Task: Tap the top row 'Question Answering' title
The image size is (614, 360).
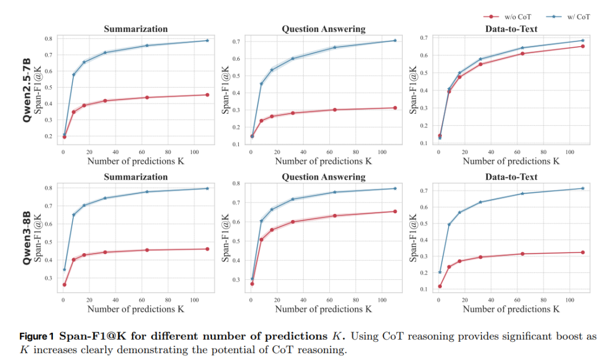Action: pos(323,29)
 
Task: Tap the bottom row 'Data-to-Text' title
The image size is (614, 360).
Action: pos(511,177)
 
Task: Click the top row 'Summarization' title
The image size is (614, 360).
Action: pos(135,29)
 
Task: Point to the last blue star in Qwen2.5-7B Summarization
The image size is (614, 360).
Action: pos(208,40)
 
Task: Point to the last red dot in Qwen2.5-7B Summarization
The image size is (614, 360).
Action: pos(208,95)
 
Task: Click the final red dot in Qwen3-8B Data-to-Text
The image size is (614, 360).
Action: pos(583,253)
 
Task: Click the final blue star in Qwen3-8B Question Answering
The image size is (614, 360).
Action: pos(395,188)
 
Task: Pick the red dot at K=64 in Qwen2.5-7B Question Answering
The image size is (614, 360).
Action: pos(335,110)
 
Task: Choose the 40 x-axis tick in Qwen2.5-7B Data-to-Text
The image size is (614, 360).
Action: pos(491,152)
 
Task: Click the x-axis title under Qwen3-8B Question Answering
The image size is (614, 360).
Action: pos(323,309)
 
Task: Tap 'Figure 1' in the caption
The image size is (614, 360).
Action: pos(38,337)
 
